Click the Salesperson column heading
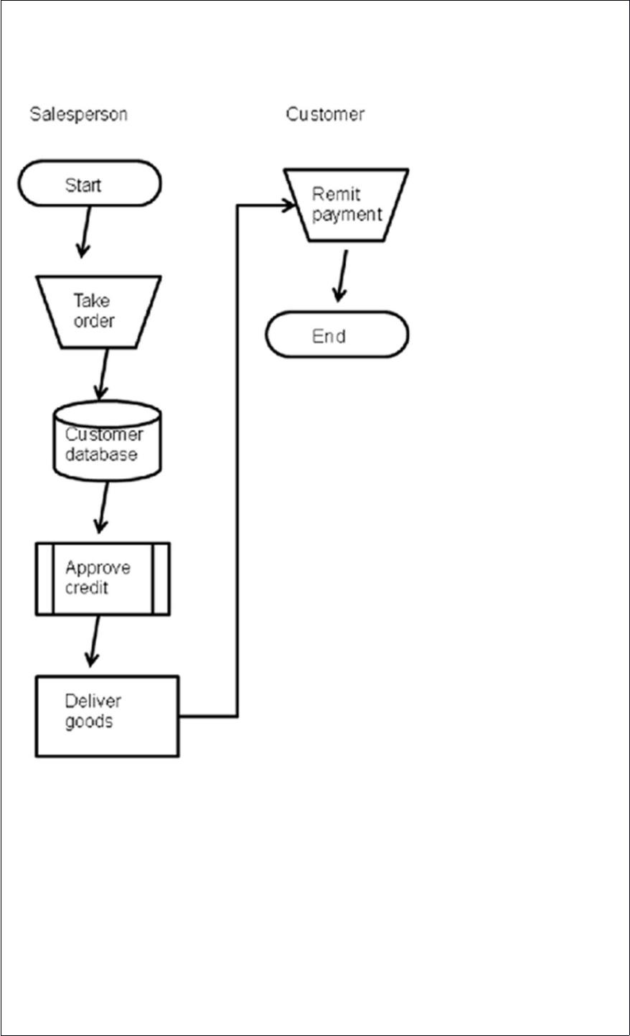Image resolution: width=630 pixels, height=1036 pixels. tap(79, 114)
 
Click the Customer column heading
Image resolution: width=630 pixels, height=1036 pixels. tap(325, 114)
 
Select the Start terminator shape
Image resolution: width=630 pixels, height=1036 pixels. tap(90, 183)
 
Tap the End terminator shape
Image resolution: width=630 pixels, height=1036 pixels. tap(337, 335)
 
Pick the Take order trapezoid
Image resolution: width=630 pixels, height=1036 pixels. tap(98, 312)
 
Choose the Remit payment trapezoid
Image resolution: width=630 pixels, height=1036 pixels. tap(346, 205)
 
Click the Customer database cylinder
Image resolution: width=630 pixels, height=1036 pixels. tap(107, 440)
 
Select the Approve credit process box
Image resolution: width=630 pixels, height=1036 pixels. tap(103, 579)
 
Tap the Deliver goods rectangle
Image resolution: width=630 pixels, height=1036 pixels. tap(107, 717)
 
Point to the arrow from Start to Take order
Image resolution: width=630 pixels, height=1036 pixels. tap(85, 232)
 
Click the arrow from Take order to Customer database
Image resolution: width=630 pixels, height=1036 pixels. tap(102, 374)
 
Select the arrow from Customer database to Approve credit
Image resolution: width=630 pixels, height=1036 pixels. tap(102, 508)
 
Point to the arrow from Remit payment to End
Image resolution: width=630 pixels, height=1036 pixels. tap(341, 276)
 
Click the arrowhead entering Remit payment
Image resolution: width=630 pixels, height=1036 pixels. tap(288, 205)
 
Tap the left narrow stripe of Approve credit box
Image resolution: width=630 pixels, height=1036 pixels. tap(44, 579)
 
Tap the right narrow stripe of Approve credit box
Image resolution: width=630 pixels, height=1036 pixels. tap(161, 579)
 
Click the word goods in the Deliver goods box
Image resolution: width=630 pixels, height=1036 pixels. tap(89, 722)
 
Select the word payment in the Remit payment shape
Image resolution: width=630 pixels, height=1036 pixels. tap(347, 215)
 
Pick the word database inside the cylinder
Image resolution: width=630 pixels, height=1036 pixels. tap(101, 454)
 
